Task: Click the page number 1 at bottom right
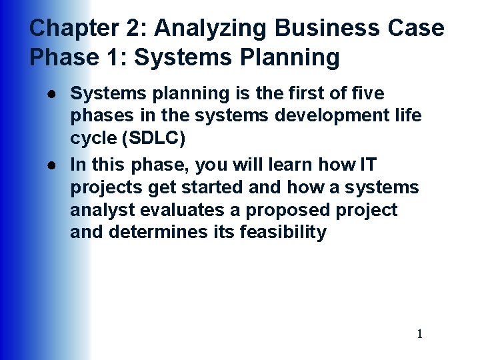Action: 419,334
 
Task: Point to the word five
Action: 367,93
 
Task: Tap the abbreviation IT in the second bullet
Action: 369,163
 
